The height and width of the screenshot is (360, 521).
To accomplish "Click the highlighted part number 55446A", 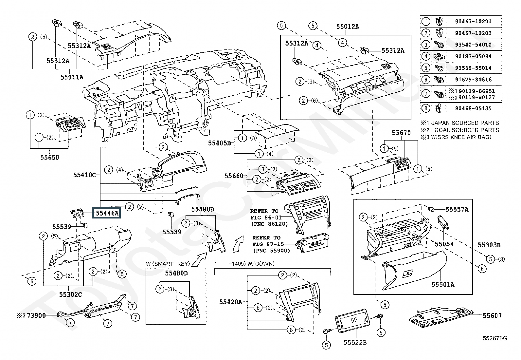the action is coord(107,213).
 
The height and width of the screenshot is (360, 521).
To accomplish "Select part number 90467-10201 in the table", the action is coord(473,21).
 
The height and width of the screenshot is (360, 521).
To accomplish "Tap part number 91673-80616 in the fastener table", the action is coord(473,80).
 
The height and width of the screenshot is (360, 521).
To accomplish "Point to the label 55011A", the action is coord(72,77).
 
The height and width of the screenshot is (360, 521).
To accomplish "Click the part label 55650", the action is coord(49,158).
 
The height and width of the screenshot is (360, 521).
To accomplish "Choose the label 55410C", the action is coord(85,175).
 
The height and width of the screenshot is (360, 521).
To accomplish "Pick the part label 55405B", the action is coord(219,143).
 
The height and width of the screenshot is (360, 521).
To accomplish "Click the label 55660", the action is coord(234,176).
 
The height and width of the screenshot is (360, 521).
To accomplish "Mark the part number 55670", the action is coord(401,132).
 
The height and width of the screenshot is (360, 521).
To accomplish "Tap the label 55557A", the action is coord(457,210).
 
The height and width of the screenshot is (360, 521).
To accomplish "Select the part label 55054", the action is coord(444,244).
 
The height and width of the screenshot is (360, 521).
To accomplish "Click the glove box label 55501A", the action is coord(443,284).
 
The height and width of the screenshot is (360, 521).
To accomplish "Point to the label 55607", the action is coord(492,315).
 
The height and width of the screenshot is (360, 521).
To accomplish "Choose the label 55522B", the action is coord(355,342).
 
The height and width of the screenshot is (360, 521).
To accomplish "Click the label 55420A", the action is coord(231,302).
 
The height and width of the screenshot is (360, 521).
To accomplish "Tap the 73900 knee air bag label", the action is coord(36,315).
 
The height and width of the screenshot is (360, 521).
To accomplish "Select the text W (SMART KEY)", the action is coord(168,264).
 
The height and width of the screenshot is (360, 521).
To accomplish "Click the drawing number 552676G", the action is coord(495,338).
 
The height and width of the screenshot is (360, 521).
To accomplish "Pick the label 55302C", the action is coord(70,294).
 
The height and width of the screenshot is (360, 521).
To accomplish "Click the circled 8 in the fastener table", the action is coord(426,108).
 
